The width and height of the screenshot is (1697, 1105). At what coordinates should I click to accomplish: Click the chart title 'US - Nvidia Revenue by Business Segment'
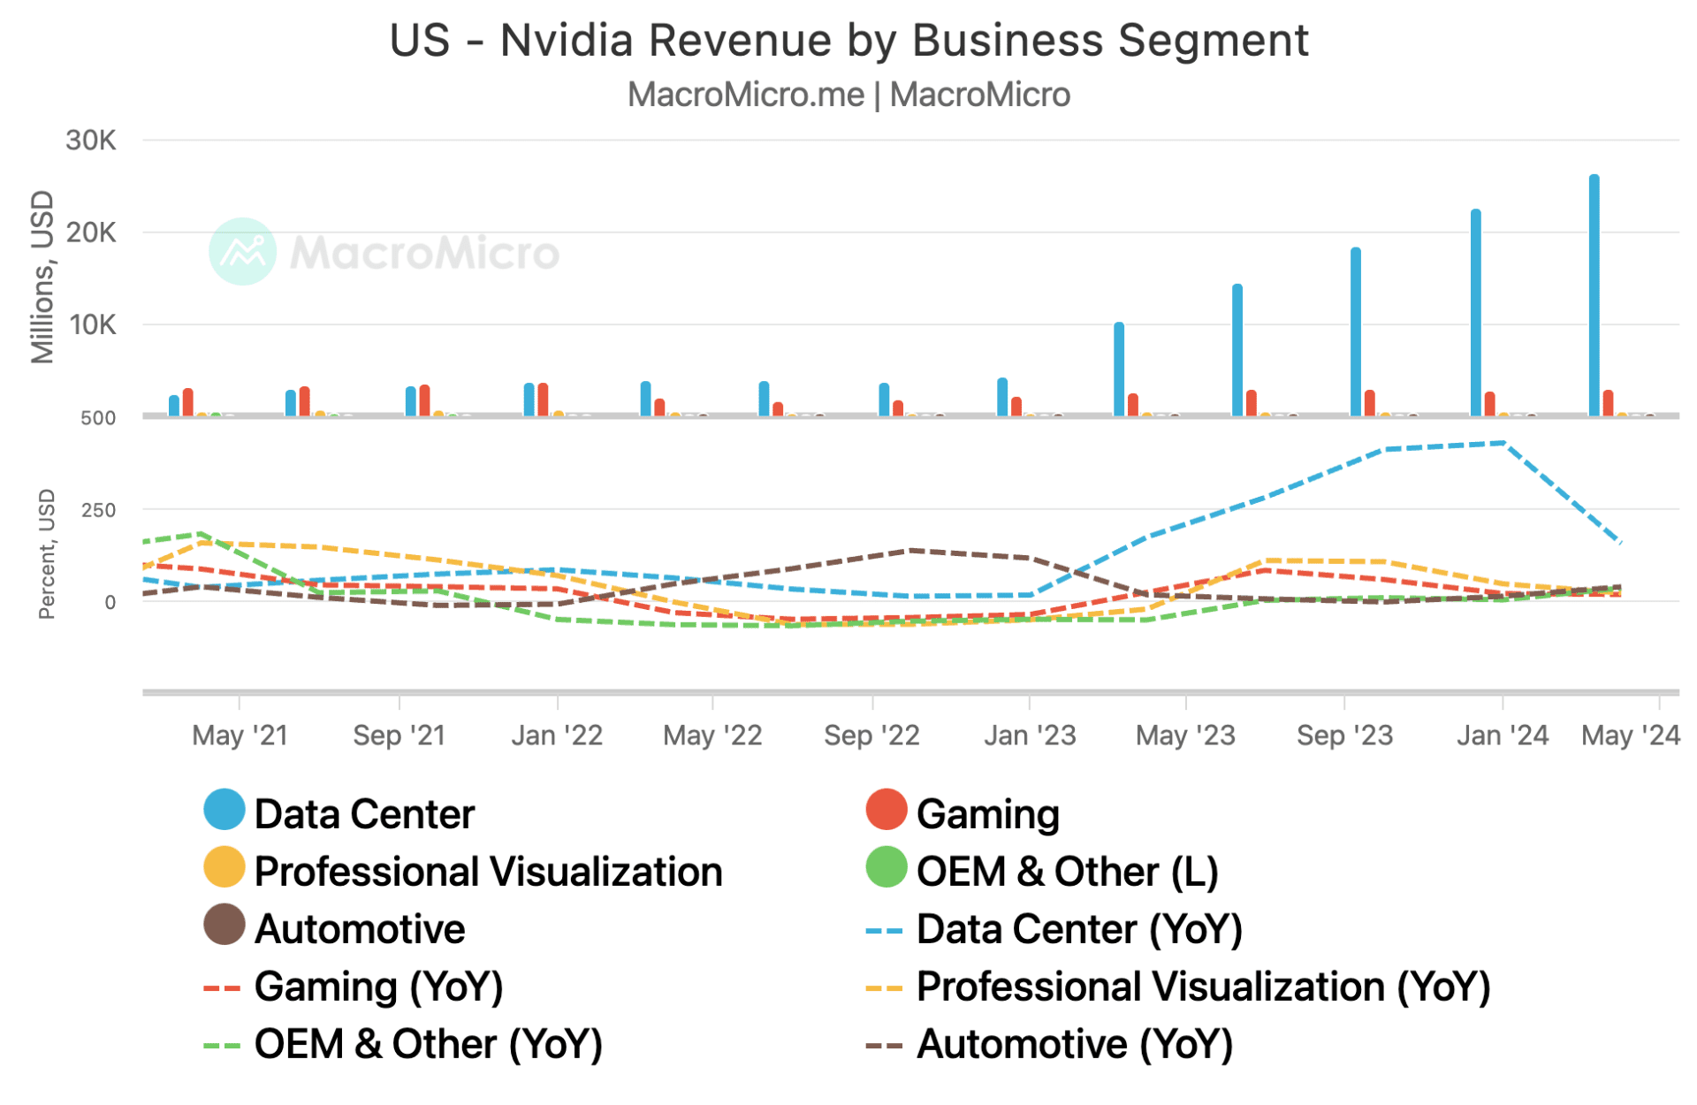pos(848,41)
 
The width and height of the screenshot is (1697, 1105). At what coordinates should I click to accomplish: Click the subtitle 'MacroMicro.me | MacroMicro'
pos(848,95)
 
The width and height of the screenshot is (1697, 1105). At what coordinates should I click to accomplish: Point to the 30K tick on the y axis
pos(91,141)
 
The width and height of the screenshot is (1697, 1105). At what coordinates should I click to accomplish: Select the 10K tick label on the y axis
pos(93,325)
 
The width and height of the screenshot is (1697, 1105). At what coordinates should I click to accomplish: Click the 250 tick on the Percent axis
pos(97,510)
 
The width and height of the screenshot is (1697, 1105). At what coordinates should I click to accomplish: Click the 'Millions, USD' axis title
pos(42,277)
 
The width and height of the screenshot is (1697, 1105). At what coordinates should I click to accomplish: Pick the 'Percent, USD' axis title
pos(46,553)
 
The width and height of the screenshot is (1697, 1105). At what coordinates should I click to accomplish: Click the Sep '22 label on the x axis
pos(871,735)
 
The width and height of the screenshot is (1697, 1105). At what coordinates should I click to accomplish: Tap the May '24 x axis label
pos(1630,735)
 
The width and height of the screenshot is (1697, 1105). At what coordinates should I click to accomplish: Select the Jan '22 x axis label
pos(557,735)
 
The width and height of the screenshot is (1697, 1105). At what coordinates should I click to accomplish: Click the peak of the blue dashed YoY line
pos(1503,443)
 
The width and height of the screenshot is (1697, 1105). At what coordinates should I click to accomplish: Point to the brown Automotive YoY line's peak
pos(910,551)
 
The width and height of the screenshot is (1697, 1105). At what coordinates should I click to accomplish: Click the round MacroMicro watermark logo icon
pos(242,251)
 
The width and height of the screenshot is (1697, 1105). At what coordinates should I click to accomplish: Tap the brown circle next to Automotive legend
pos(224,925)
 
